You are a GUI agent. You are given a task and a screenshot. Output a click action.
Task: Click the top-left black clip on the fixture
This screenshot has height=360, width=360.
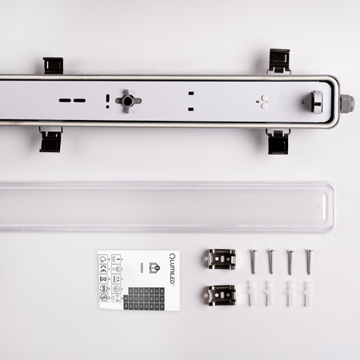[x=53, y=66]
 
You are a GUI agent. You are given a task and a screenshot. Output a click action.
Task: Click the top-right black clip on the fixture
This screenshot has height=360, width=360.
[x=279, y=61]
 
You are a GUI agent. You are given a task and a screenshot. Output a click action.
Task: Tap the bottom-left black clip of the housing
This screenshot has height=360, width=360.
[x=50, y=141]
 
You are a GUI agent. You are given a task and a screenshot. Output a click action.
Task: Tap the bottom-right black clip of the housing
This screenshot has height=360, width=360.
[x=278, y=142]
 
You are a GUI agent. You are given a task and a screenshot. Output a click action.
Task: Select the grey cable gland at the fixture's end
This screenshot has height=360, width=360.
[x=346, y=103]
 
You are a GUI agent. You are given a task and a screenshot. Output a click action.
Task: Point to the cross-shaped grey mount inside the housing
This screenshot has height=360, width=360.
[x=128, y=101]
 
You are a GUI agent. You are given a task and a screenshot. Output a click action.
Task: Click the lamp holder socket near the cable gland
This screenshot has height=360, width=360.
[x=314, y=102]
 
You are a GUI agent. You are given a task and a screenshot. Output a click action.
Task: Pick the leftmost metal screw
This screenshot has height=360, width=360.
[x=253, y=261]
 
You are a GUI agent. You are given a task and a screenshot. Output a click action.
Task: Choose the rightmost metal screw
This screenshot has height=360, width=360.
[x=308, y=261]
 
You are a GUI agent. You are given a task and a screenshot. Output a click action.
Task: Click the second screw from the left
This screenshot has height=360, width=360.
[x=270, y=261]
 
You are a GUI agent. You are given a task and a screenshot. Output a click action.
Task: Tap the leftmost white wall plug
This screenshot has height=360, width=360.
[x=252, y=294]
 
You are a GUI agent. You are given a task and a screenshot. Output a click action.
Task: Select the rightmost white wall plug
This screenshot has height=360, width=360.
[x=307, y=294]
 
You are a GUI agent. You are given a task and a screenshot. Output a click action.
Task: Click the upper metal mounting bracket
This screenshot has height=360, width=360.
[x=220, y=258]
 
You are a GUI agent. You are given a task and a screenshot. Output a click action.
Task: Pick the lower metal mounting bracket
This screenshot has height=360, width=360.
[x=220, y=294]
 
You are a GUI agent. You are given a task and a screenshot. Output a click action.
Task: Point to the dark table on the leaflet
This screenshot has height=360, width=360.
[x=145, y=297]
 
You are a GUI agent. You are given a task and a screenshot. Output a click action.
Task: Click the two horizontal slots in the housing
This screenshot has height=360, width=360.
[x=72, y=101]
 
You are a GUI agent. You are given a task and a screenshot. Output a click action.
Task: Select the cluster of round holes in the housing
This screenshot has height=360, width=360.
[x=262, y=102]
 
